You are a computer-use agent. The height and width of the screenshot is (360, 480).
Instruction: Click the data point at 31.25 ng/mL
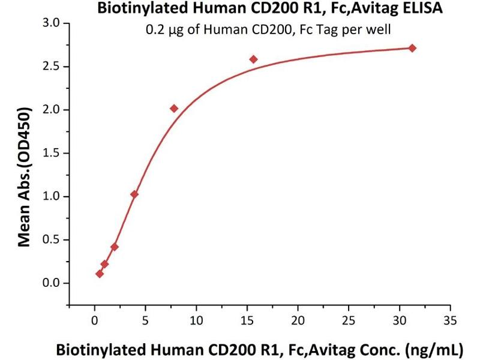coord(412,48)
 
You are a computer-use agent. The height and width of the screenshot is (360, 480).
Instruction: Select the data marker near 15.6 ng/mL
coord(253,59)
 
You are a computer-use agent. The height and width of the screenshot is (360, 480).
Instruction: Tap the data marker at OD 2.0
coord(174,109)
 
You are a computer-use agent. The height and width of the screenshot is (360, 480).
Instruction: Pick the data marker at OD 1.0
coord(134,194)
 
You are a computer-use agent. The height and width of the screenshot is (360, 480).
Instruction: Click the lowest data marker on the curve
coord(100,274)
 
